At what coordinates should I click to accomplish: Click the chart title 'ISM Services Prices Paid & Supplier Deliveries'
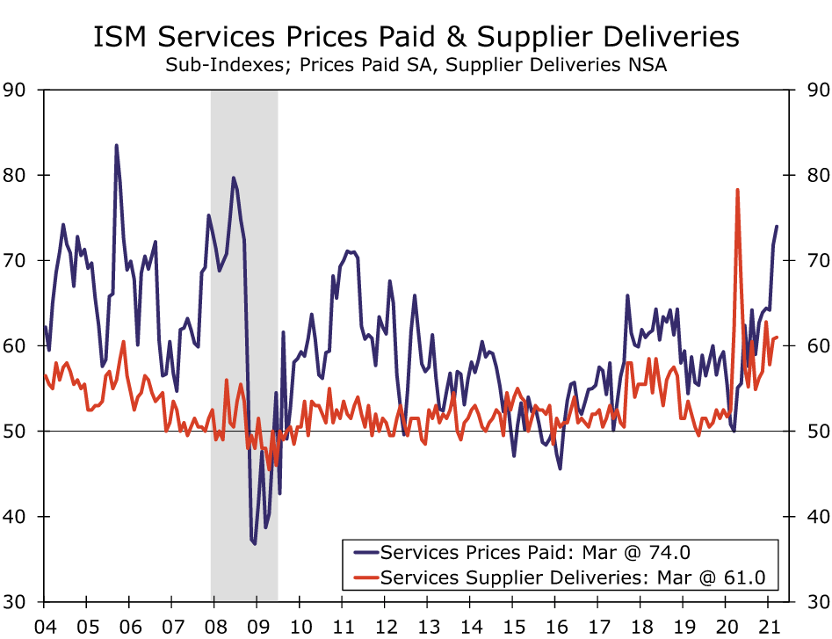[x=416, y=38]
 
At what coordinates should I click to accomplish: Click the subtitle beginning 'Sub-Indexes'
[x=416, y=66]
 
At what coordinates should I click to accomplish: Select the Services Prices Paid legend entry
[x=536, y=552]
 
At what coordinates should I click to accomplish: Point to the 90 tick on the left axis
[x=16, y=90]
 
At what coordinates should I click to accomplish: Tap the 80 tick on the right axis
[x=809, y=175]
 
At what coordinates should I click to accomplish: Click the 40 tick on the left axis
[x=16, y=517]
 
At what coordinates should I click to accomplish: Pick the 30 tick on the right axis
[x=809, y=602]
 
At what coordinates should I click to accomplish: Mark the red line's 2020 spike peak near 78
[x=737, y=190]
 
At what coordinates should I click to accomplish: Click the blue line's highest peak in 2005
[x=116, y=146]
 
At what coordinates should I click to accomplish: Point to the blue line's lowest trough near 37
[x=255, y=544]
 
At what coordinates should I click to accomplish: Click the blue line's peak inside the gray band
[x=233, y=178]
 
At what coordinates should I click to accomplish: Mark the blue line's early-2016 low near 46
[x=560, y=468]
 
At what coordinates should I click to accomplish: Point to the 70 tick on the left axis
[x=16, y=261]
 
